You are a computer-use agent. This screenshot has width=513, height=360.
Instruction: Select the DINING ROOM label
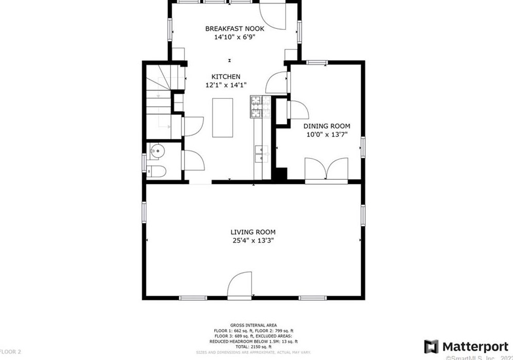click(x=326, y=126)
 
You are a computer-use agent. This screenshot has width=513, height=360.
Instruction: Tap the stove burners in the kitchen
click(x=261, y=107)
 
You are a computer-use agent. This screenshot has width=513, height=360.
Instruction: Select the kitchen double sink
click(x=262, y=153)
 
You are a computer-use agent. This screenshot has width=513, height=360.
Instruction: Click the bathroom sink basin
click(x=157, y=151)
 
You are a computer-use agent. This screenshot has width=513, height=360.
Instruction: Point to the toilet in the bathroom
click(x=156, y=171)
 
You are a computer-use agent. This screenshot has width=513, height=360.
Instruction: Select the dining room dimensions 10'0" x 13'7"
click(x=326, y=134)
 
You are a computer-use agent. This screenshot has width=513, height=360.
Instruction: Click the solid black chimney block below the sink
click(x=280, y=175)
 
